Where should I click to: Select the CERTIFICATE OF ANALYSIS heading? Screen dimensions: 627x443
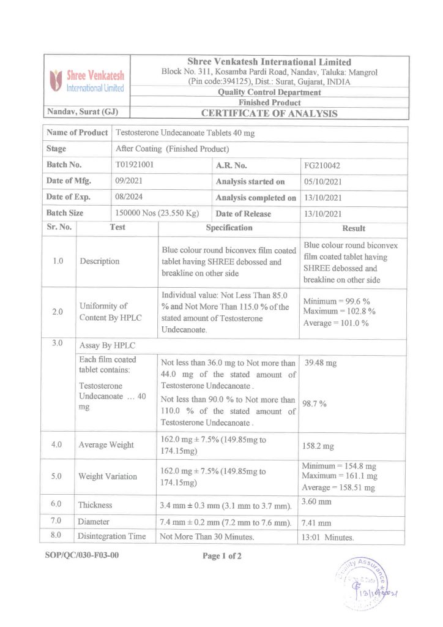pos(269,113)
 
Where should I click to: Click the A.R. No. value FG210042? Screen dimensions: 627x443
pos(323,165)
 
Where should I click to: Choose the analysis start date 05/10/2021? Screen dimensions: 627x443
pos(325,182)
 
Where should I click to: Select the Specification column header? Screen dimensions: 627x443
pos(229,228)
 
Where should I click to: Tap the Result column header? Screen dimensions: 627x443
pos(354,228)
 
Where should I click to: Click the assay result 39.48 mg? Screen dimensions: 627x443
pos(320,363)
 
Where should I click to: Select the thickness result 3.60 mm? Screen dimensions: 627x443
pos(317,502)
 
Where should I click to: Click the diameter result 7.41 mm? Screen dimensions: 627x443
pos(317,523)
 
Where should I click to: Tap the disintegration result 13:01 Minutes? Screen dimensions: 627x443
pos(328,538)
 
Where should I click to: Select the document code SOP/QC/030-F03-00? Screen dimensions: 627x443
pos(81,557)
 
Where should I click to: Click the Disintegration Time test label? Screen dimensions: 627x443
pos(112,537)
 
